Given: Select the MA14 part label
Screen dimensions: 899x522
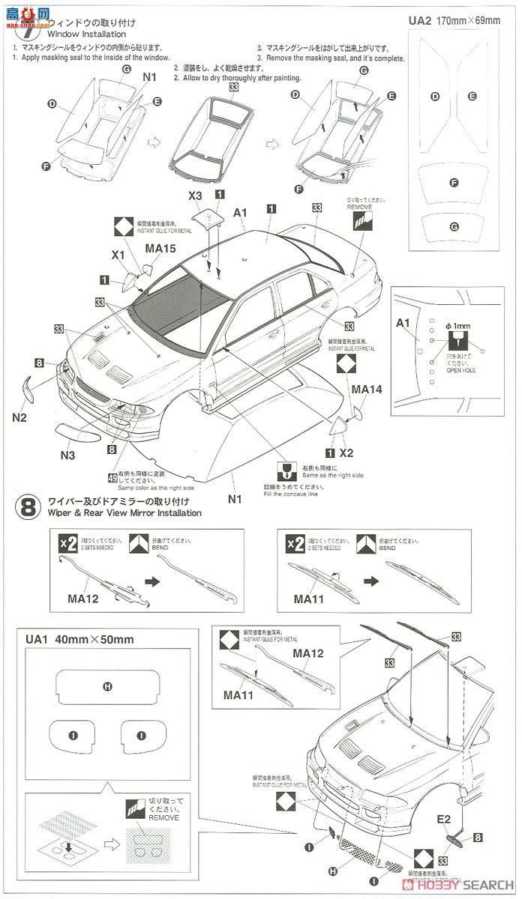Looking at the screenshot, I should (x=367, y=390).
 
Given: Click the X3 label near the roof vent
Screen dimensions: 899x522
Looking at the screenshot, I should (x=195, y=196).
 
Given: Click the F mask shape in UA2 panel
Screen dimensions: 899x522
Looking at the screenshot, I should (x=454, y=183).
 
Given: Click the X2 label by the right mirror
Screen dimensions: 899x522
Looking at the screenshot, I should (x=346, y=452).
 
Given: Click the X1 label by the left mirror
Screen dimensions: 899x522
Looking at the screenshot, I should (x=118, y=255).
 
